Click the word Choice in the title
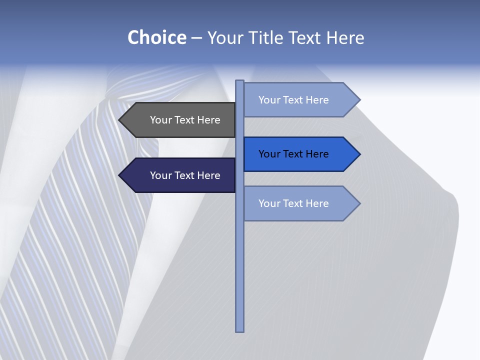pos(156,37)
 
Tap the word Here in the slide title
pos(345,37)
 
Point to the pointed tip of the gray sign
pos(120,120)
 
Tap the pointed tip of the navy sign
pos(120,175)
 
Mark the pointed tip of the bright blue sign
pos(359,154)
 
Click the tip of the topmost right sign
pos(359,100)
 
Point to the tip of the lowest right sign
pos(359,203)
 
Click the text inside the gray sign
pos(185,120)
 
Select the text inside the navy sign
pos(185,175)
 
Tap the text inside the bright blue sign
pos(293,154)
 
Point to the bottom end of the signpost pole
pos(239,330)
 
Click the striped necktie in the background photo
pos(75,225)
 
